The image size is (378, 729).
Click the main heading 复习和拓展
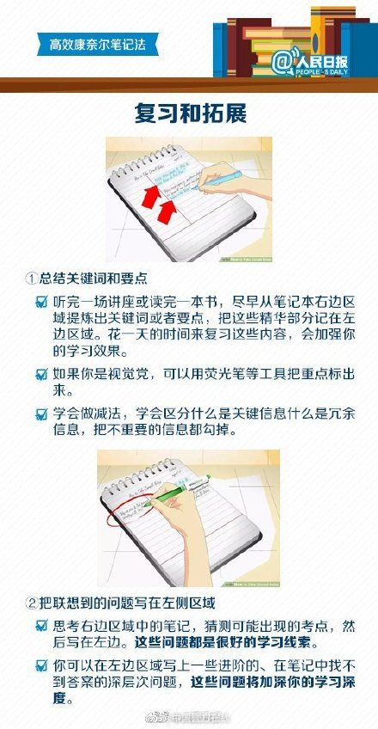188,113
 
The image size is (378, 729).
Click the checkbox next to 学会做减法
41,414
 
